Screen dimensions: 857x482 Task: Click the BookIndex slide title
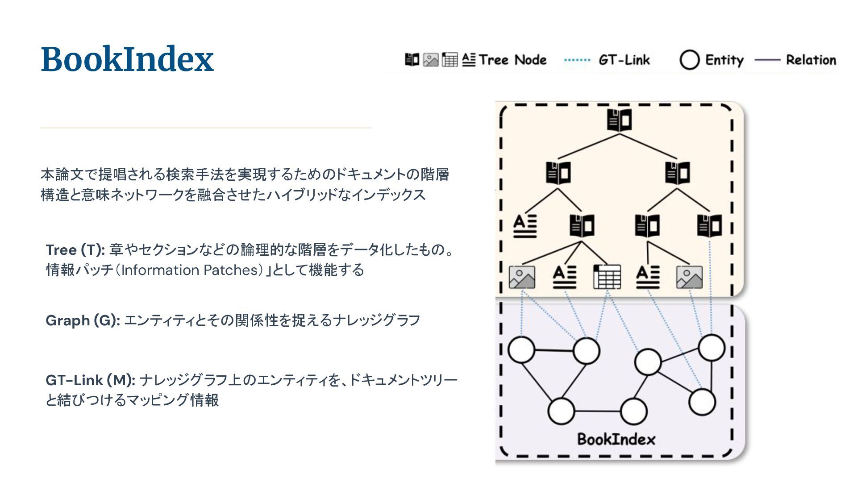pyautogui.click(x=127, y=59)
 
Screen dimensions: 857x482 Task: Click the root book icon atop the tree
pyautogui.click(x=619, y=120)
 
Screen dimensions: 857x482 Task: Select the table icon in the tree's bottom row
pyautogui.click(x=607, y=277)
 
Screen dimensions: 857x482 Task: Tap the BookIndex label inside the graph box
pyautogui.click(x=616, y=439)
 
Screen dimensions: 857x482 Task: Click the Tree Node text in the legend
pyautogui.click(x=512, y=60)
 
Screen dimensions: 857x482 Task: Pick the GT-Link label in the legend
pyautogui.click(x=624, y=60)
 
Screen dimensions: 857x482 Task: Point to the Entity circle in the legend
pyautogui.click(x=689, y=60)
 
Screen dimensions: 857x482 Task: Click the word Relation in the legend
pyautogui.click(x=811, y=60)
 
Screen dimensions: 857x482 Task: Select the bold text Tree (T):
pyautogui.click(x=75, y=250)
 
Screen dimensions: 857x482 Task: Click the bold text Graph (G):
pyautogui.click(x=83, y=320)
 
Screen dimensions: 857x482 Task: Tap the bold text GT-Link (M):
pyautogui.click(x=90, y=380)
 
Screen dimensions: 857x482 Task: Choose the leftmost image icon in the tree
pyautogui.click(x=522, y=277)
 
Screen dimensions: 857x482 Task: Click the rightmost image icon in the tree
pyautogui.click(x=689, y=277)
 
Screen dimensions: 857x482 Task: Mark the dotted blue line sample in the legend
pyautogui.click(x=577, y=60)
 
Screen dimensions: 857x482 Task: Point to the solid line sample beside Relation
pyautogui.click(x=767, y=60)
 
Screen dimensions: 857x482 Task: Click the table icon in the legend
pyautogui.click(x=449, y=59)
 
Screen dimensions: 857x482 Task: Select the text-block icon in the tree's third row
pyautogui.click(x=525, y=226)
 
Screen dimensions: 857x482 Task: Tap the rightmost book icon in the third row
pyautogui.click(x=709, y=225)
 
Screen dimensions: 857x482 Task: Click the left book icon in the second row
pyautogui.click(x=558, y=172)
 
